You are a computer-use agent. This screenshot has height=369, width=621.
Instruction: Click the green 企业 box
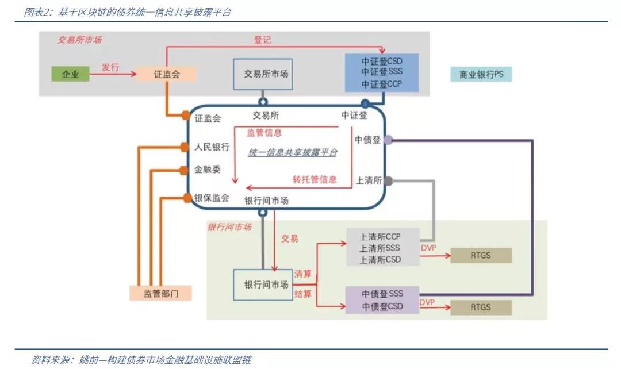tap(71, 74)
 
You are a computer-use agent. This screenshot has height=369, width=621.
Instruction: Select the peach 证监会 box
tap(167, 74)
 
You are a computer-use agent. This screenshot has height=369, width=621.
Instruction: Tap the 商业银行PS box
tap(481, 75)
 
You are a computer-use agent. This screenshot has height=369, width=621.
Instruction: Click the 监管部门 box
tap(160, 293)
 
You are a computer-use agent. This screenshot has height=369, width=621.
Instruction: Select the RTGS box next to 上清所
tap(480, 255)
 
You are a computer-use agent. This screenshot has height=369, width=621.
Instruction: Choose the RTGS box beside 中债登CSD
tap(480, 307)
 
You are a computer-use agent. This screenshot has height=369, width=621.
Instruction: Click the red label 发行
tap(110, 67)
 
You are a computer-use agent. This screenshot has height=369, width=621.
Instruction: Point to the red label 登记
tap(262, 40)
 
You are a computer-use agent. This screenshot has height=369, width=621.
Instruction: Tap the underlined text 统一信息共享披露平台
tap(292, 153)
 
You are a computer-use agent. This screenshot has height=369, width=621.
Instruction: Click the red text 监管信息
tap(264, 133)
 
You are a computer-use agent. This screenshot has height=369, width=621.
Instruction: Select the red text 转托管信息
tap(314, 179)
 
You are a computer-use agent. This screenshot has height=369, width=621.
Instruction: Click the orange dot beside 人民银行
tap(185, 147)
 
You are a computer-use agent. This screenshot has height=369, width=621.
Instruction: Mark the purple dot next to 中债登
tap(388, 140)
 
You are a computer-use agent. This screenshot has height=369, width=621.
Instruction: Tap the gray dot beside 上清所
tap(388, 180)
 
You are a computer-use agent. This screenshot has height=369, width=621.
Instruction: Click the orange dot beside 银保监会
tap(187, 198)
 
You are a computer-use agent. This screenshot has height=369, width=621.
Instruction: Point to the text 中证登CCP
tap(382, 84)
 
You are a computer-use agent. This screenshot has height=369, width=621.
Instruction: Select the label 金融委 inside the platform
tap(207, 170)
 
